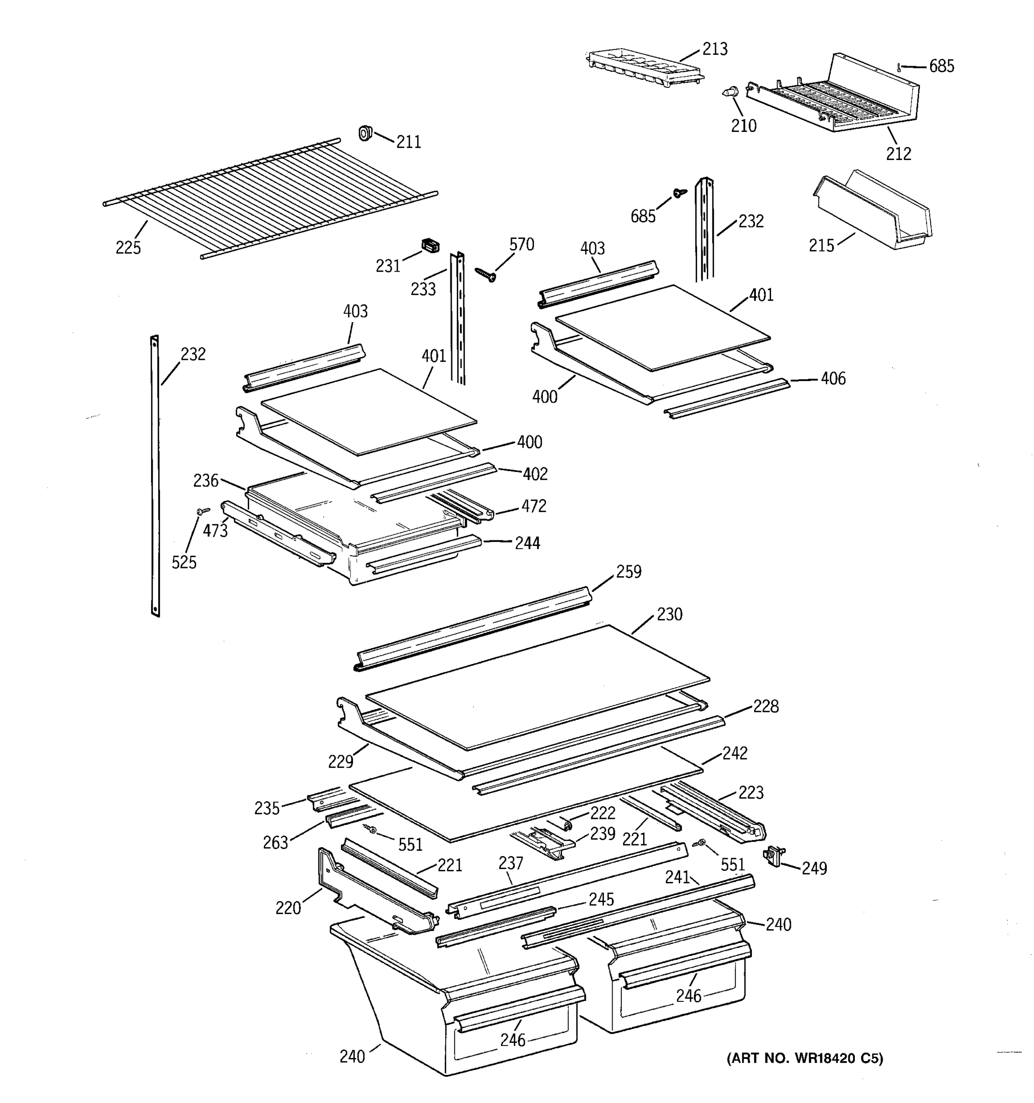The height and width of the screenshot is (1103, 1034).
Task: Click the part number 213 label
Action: pyautogui.click(x=715, y=49)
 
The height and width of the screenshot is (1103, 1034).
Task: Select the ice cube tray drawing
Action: pyautogui.click(x=643, y=67)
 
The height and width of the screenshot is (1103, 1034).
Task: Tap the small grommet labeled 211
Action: pyautogui.click(x=364, y=133)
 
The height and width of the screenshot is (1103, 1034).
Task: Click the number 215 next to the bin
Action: pyautogui.click(x=821, y=246)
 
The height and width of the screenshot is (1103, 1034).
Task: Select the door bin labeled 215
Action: pyautogui.click(x=874, y=211)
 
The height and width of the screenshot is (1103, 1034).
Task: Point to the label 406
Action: pyautogui.click(x=833, y=379)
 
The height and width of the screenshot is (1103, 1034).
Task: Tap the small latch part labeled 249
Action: pyautogui.click(x=773, y=856)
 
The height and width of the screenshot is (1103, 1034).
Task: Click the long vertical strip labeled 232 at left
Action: pyautogui.click(x=155, y=477)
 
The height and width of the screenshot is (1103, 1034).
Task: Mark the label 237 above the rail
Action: pyautogui.click(x=511, y=863)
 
